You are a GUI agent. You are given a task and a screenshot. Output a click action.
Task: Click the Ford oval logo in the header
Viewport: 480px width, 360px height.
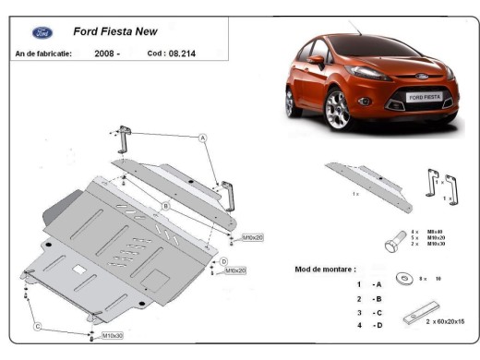point(42,32)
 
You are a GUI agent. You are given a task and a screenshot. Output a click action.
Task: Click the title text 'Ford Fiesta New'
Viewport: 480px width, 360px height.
point(114,30)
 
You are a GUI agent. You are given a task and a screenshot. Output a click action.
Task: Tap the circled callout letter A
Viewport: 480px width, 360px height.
point(202,137)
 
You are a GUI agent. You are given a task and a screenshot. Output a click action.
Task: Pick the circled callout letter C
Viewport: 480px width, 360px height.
point(38,325)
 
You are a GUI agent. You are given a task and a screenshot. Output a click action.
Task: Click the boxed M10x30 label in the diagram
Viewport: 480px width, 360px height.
point(114,335)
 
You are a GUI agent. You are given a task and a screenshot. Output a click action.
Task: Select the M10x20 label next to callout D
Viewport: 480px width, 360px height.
point(235,270)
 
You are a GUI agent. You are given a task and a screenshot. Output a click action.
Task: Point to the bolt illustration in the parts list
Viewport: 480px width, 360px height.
point(392,242)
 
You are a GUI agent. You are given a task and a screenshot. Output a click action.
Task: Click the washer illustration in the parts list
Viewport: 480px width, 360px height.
point(403,278)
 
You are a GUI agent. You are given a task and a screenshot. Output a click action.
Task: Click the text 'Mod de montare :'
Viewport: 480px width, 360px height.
point(325,269)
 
